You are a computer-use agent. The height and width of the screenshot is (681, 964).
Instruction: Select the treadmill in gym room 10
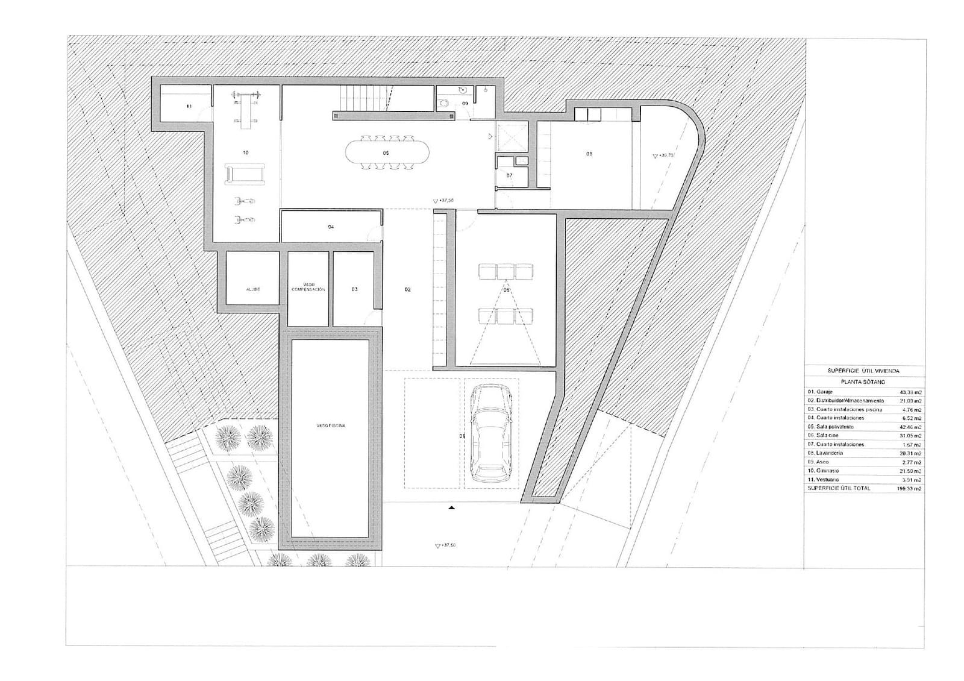(x=245, y=175)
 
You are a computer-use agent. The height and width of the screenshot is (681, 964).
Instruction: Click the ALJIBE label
(x=253, y=289)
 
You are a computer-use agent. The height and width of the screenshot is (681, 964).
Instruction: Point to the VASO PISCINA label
(x=330, y=425)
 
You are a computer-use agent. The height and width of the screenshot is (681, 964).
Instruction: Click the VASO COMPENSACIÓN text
(x=308, y=287)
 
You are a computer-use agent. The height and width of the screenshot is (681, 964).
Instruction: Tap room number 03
(x=354, y=289)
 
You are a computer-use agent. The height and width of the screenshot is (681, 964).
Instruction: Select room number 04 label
(x=331, y=227)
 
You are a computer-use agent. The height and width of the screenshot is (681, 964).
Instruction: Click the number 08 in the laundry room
(x=589, y=154)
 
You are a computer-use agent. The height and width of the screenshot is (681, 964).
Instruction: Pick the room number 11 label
(x=189, y=106)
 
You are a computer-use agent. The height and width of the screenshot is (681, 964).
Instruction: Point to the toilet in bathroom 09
(x=444, y=103)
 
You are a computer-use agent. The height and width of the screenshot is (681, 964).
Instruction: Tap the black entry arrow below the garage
(x=451, y=509)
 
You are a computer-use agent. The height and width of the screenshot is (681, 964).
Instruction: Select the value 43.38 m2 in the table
(x=909, y=392)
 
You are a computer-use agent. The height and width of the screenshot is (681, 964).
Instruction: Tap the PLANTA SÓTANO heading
(x=863, y=382)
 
